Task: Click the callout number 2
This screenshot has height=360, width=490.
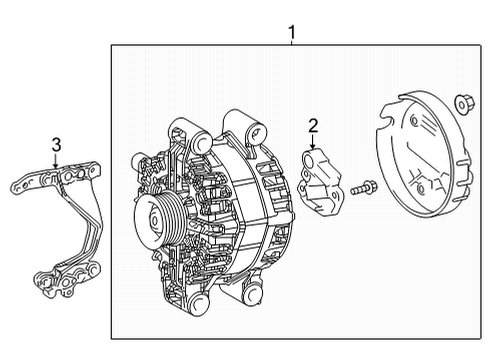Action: pyautogui.click(x=313, y=125)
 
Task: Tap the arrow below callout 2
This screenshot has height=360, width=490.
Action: pyautogui.click(x=313, y=144)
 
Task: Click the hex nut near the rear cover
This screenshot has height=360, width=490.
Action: pyautogui.click(x=463, y=102)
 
